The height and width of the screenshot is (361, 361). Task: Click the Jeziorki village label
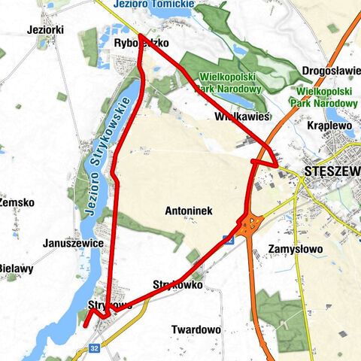point(44,29)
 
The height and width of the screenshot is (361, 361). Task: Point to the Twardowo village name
point(196,329)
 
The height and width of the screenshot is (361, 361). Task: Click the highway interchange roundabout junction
point(250,223)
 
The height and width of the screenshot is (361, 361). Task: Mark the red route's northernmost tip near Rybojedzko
point(140,35)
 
